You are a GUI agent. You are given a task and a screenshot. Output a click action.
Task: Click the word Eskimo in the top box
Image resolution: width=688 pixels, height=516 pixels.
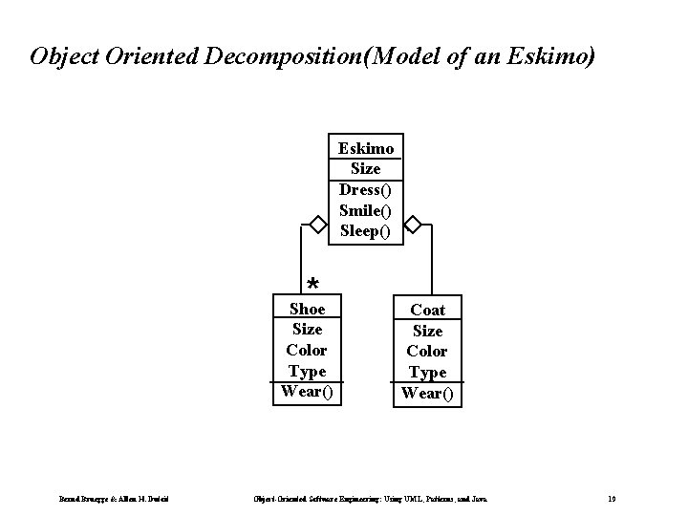click(x=365, y=148)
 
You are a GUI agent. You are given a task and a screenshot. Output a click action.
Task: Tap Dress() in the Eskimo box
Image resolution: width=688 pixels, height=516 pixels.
click(x=365, y=189)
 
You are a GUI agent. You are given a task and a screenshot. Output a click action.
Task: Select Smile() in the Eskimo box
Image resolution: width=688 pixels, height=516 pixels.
click(x=365, y=210)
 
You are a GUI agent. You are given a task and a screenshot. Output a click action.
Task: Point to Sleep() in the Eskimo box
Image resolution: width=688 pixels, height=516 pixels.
click(x=365, y=231)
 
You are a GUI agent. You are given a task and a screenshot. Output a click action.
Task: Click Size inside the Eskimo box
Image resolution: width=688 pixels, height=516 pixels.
click(x=365, y=169)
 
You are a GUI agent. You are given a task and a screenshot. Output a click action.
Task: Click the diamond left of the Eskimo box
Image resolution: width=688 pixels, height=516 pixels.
click(x=318, y=224)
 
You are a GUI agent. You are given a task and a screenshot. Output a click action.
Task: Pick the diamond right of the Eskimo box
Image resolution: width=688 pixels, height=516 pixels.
click(x=413, y=224)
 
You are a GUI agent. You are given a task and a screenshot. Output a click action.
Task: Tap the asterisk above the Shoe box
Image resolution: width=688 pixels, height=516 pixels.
click(x=312, y=284)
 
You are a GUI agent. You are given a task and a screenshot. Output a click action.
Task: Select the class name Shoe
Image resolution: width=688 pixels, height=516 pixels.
click(x=307, y=309)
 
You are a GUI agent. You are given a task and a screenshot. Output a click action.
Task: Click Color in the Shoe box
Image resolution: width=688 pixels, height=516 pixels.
click(x=307, y=350)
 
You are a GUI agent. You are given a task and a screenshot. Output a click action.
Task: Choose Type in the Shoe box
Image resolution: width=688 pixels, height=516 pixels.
click(x=307, y=371)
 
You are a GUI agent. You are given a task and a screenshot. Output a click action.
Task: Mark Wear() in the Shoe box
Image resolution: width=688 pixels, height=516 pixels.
click(x=307, y=391)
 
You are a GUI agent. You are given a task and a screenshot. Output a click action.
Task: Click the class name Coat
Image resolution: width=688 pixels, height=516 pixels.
click(x=427, y=311)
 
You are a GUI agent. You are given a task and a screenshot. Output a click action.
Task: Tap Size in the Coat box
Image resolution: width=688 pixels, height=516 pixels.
click(x=427, y=331)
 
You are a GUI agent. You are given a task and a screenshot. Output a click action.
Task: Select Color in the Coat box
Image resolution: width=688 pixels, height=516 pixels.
click(x=427, y=352)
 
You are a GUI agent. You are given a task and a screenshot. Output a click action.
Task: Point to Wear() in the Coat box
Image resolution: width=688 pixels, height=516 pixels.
click(x=427, y=393)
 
